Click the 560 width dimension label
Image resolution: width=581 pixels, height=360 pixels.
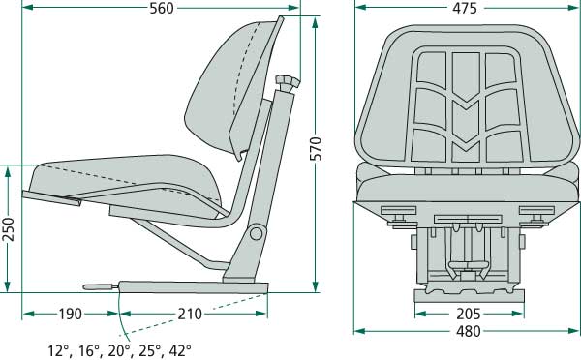pos(161,9)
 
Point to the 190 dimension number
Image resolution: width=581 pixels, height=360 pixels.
pos(69,314)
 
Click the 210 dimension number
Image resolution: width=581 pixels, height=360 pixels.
pos(190,314)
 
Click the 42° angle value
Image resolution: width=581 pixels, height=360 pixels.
pos(179,350)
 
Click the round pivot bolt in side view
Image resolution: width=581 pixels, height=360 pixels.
pos(256,233)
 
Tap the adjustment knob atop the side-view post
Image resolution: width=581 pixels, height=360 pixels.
pos(286,80)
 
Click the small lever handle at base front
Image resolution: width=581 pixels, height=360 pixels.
pos(98,285)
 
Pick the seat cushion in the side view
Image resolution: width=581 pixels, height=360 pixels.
pos(126,179)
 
